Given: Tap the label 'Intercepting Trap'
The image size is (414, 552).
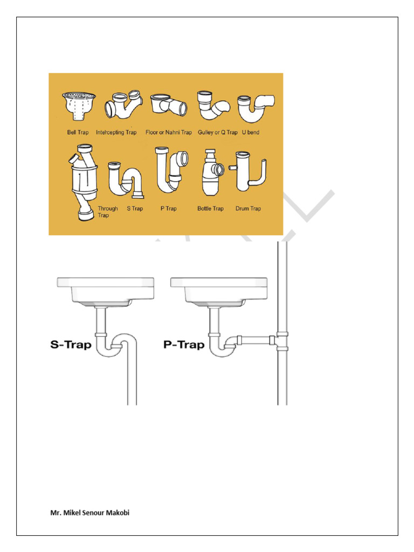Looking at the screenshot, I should (116, 132).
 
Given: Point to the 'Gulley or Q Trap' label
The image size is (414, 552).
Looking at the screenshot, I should (217, 132).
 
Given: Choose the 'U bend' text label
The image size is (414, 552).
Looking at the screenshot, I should (251, 132).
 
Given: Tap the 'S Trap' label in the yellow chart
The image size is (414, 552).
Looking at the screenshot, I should (135, 209).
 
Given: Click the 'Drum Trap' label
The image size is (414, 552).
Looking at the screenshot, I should (248, 209).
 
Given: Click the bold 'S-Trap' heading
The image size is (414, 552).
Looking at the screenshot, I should (71, 344).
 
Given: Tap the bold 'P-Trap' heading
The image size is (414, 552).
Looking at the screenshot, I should (184, 344).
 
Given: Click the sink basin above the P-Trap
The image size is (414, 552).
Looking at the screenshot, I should (218, 291).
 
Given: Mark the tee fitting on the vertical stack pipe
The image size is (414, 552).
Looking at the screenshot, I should (280, 340).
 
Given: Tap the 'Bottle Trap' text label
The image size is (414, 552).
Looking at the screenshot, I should (210, 209).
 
